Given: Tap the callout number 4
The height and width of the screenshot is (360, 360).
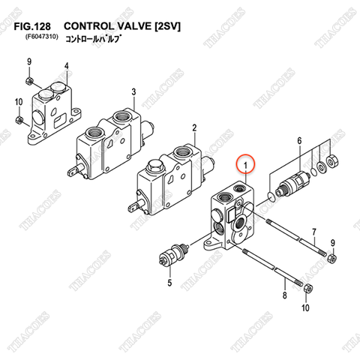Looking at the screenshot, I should tap(66, 66).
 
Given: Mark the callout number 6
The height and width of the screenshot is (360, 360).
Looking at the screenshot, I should tap(298, 142).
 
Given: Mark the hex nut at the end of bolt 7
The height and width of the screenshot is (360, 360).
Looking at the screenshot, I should tap(329, 259).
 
